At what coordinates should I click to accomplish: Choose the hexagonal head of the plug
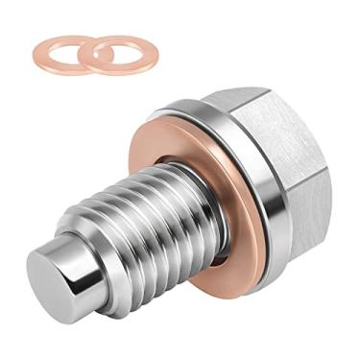pos(278,163)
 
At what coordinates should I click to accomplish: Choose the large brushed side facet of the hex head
pos(288,144)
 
